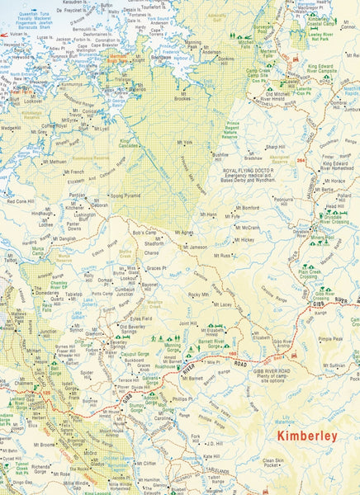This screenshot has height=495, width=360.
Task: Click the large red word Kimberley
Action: point(307,435)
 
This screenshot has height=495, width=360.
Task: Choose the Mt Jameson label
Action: point(196,247)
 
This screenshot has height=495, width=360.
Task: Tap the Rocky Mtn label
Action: point(199,294)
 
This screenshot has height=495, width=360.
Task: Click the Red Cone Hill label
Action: point(21,200)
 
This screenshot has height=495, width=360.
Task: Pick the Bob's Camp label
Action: point(144,233)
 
